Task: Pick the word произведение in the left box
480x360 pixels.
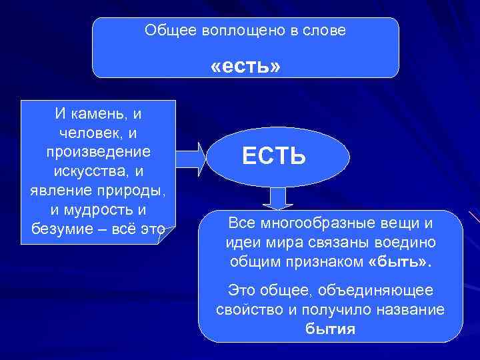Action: [x=98, y=152]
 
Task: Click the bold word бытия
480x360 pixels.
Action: [x=330, y=329]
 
